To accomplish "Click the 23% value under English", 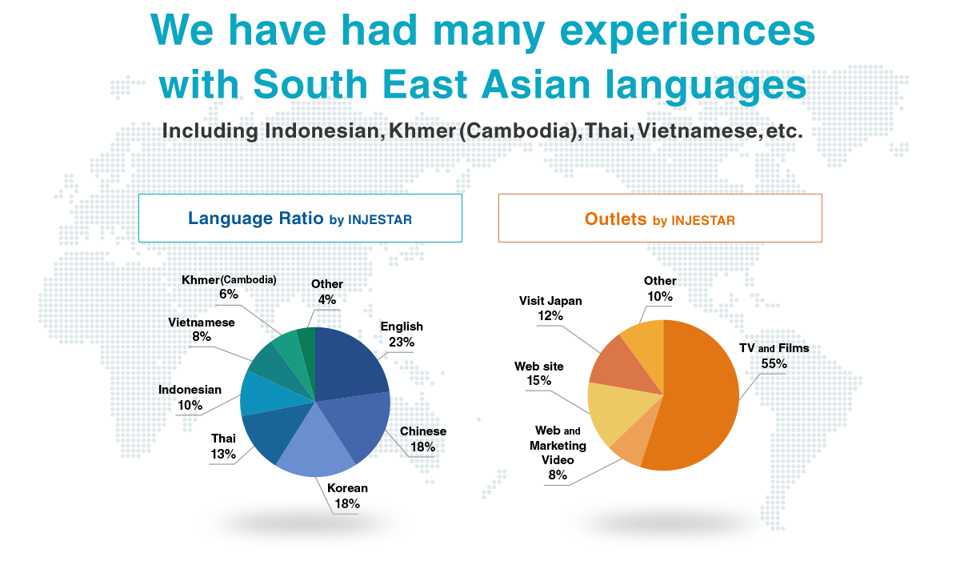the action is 402,342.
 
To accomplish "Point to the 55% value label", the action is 774,363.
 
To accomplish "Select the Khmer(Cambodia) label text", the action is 229,279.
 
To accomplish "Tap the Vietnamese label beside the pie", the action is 202,323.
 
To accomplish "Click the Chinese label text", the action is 423,431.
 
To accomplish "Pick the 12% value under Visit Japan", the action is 550,316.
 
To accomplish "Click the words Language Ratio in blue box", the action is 256,218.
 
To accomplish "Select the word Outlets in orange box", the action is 615,219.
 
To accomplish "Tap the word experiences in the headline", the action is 687,32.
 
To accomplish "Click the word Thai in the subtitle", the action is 609,130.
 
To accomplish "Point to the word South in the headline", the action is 310,83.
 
